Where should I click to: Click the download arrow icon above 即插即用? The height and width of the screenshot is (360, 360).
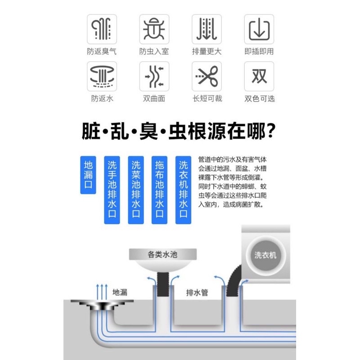pos(259,29)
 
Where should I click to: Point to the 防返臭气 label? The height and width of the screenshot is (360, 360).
pos(102,51)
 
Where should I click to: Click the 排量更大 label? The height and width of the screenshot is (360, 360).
pos(207,51)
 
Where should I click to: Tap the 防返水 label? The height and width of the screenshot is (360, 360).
pos(102,99)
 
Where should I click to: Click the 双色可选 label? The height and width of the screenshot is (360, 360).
pos(259,99)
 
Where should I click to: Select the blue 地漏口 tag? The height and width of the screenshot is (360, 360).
pos(88,175)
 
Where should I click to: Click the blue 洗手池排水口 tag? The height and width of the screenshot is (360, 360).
pos(112,190)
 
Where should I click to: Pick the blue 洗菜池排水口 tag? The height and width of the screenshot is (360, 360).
pos(136,190)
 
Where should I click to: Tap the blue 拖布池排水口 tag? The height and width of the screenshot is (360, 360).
pos(159,190)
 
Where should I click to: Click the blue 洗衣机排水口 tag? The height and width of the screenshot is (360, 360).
pos(183,190)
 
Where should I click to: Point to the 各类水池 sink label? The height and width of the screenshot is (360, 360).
pos(162,255)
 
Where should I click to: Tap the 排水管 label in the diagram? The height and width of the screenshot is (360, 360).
pos(197,292)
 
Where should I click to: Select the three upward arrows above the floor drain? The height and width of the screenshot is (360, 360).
pos(102,289)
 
